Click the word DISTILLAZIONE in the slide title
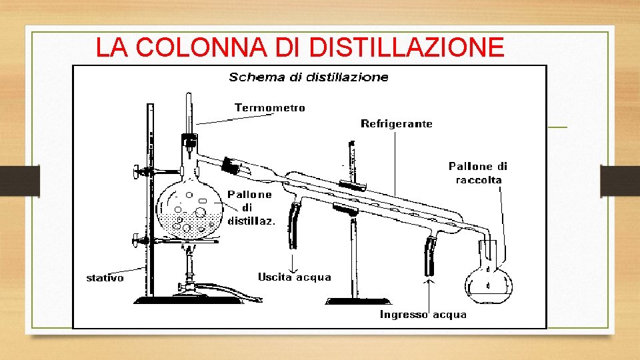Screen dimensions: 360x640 tap(407, 48)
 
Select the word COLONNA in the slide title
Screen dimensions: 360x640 tap(215, 48)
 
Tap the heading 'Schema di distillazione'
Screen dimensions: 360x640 tap(308, 77)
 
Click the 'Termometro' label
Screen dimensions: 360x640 tap(269, 108)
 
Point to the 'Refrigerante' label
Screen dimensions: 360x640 tap(396, 124)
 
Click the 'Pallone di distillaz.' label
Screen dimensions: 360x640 tap(251, 207)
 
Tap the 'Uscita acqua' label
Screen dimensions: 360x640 tap(294, 277)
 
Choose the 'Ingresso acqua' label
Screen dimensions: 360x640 tap(423, 314)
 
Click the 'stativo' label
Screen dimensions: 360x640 tap(105, 277)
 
